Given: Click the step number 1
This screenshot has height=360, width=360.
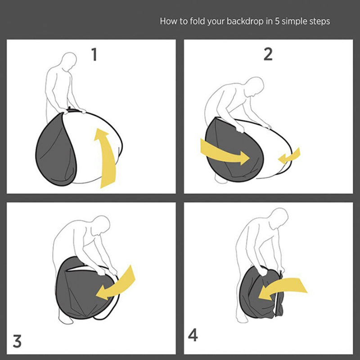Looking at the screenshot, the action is tap(94, 54).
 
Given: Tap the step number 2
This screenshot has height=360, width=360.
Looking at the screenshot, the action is tap(268, 54).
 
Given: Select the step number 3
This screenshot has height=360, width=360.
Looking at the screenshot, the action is tap(17, 341).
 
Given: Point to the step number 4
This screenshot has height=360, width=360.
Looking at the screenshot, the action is tap(193, 335).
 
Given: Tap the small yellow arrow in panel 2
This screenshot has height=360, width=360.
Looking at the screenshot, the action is tap(290, 156).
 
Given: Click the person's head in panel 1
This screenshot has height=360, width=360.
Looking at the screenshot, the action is tap(69, 61).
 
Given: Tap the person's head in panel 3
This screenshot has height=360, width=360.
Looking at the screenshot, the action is tap(100, 225).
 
